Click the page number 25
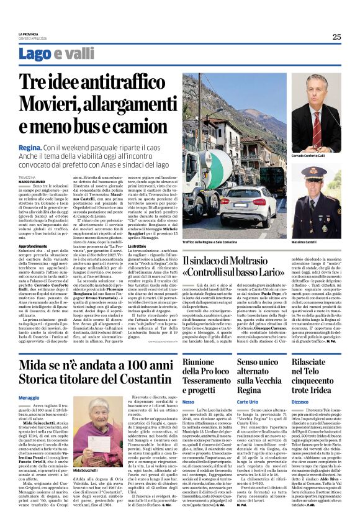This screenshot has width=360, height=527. click(x=336, y=37)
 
